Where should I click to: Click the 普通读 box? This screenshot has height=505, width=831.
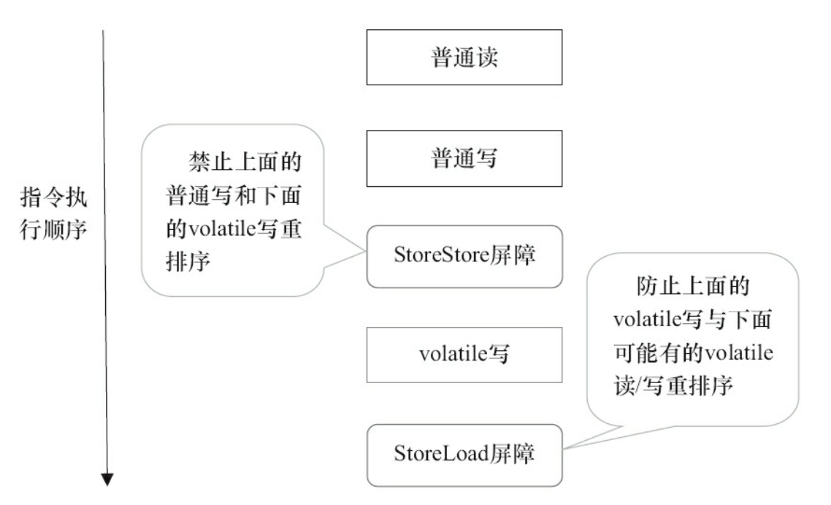[x=464, y=58]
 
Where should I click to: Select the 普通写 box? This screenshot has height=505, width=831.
[x=464, y=158]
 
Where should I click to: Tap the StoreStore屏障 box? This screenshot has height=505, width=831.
[x=464, y=257]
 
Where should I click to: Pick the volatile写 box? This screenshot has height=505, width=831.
[x=464, y=355]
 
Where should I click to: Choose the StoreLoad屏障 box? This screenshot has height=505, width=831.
[x=464, y=455]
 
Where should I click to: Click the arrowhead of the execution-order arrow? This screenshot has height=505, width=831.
[x=107, y=479]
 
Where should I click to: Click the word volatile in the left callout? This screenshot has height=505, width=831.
[x=221, y=231]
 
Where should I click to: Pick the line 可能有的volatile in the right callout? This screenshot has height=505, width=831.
[x=692, y=354]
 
